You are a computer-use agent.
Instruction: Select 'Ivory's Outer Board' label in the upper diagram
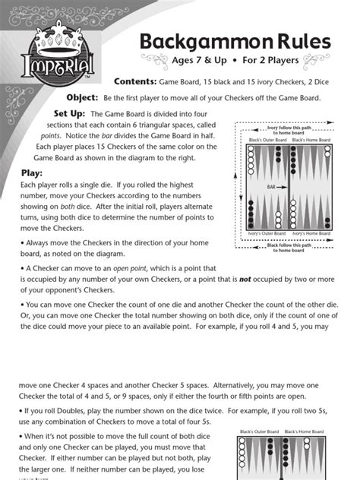pyautogui.click(x=267, y=234)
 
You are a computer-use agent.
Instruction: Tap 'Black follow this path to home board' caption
pyautogui.click(x=289, y=248)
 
